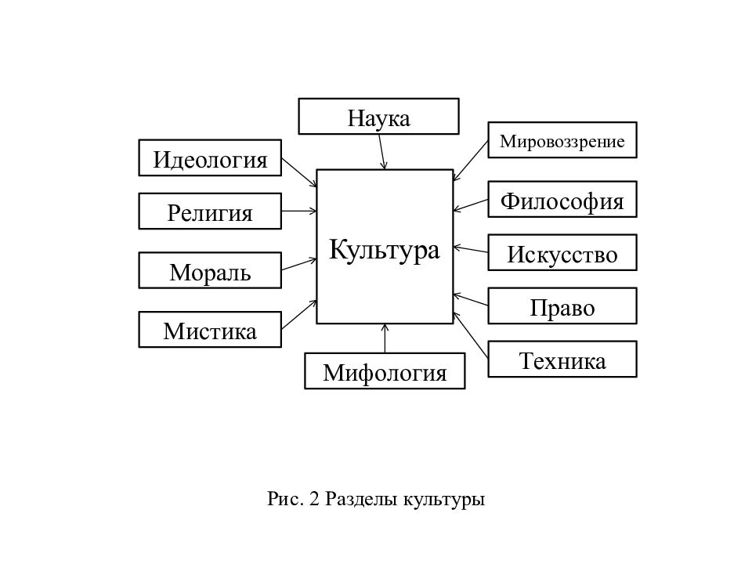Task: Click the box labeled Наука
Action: click(x=378, y=117)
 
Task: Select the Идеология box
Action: click(x=210, y=157)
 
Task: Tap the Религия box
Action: click(x=210, y=211)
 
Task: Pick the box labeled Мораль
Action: click(x=210, y=270)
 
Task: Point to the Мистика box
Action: click(x=210, y=330)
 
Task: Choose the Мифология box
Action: click(x=385, y=371)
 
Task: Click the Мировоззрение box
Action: click(x=562, y=140)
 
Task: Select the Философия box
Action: click(x=562, y=199)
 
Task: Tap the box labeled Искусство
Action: click(x=562, y=253)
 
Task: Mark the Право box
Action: click(x=562, y=306)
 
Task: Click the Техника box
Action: click(x=562, y=360)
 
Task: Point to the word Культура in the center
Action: click(x=384, y=250)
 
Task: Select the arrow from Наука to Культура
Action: click(x=381, y=151)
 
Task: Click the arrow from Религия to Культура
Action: click(x=299, y=211)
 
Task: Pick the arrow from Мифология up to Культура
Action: click(x=385, y=338)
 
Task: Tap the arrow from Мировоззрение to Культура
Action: click(x=471, y=161)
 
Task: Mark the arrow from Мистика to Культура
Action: click(x=299, y=315)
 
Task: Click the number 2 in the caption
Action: click(x=314, y=499)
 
